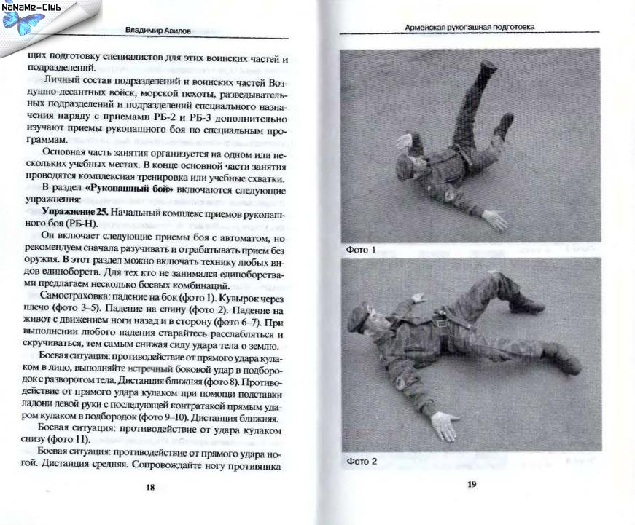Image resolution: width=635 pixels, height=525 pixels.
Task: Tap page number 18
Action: pos(150,488)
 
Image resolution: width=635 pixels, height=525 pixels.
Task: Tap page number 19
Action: pos(471,483)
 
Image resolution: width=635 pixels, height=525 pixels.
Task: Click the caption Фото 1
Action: pos(361,250)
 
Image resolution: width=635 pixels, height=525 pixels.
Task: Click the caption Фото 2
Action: pos(361,462)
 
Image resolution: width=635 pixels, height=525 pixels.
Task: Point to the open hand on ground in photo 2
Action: pos(444,425)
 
